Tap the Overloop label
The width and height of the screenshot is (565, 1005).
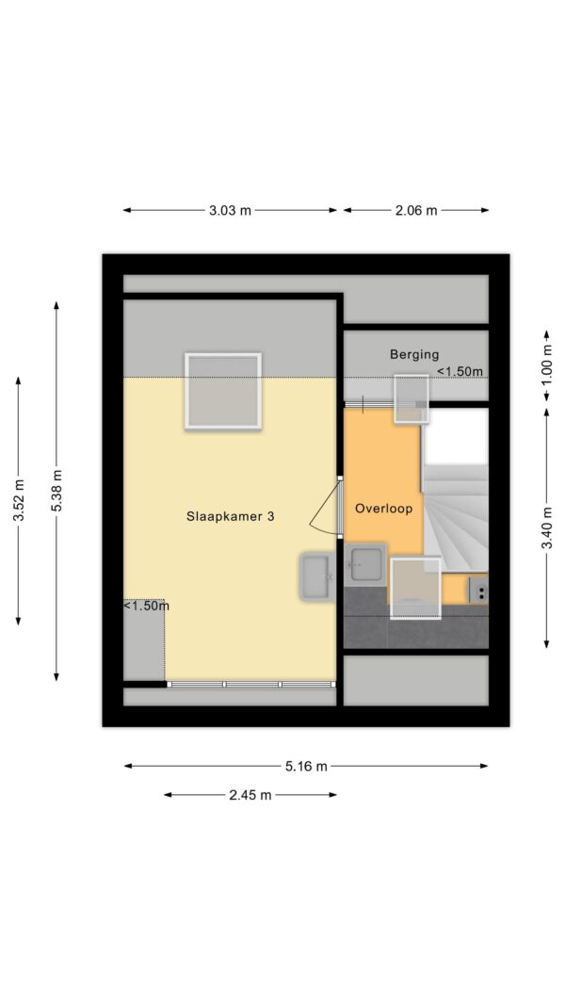click(383, 509)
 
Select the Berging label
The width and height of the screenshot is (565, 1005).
click(414, 354)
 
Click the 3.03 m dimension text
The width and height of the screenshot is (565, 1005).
click(230, 210)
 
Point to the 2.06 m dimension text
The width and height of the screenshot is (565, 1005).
click(415, 210)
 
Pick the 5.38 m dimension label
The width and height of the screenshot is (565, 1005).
click(57, 491)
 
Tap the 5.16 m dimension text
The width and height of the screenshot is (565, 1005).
click(305, 766)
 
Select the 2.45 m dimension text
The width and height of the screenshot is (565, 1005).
click(250, 795)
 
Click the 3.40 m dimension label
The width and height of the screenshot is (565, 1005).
click(546, 528)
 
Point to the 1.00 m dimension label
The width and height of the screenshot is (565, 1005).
click(546, 365)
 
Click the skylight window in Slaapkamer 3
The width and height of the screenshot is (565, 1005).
click(223, 391)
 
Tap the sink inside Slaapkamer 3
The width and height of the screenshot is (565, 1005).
click(316, 577)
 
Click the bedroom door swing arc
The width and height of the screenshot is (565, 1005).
click(324, 510)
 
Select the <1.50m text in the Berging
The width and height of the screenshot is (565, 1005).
click(460, 371)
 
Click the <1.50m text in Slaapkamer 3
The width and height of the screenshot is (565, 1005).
click(146, 605)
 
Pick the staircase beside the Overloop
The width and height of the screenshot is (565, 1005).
click(455, 491)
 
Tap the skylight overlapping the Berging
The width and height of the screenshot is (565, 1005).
click(412, 398)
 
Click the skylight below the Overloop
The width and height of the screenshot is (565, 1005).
click(415, 589)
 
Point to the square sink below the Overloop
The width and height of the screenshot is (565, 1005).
click(365, 565)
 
